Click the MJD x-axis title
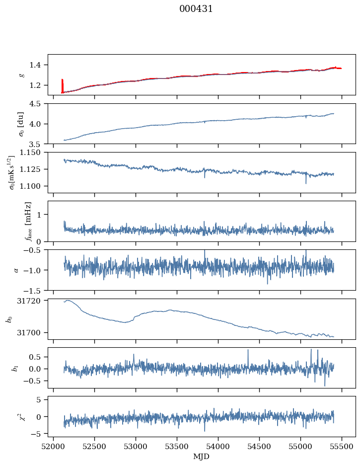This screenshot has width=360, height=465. tap(201, 457)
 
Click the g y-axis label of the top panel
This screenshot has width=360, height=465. tap(21, 75)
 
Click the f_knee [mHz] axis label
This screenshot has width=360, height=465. tap(28, 221)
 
